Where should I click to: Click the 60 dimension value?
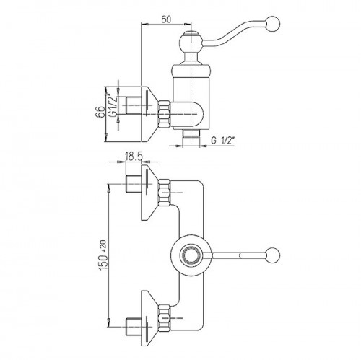point(166,19)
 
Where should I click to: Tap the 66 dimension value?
point(101,112)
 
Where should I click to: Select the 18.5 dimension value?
point(134,157)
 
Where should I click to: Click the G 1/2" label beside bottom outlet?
point(222,141)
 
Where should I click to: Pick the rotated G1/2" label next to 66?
point(113,105)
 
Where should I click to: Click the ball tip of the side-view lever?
point(273,23)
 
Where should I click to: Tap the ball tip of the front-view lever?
point(273,255)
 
